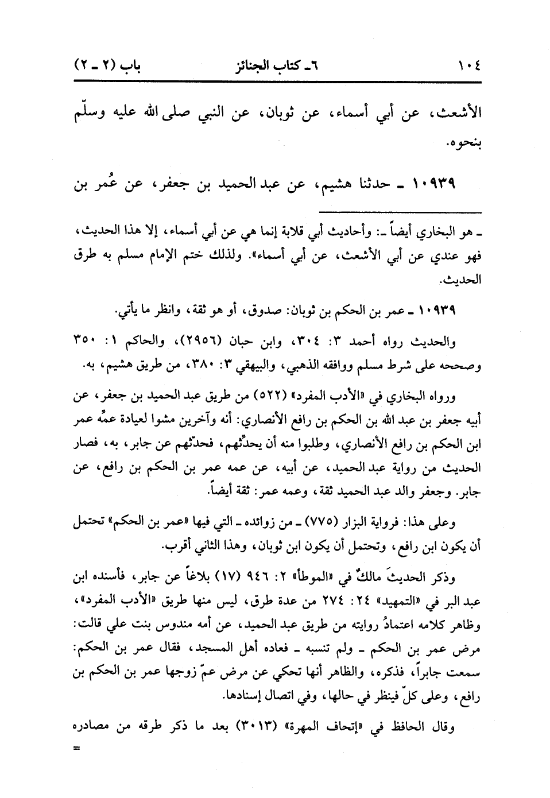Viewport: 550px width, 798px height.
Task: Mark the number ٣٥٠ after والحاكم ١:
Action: (x=87, y=343)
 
